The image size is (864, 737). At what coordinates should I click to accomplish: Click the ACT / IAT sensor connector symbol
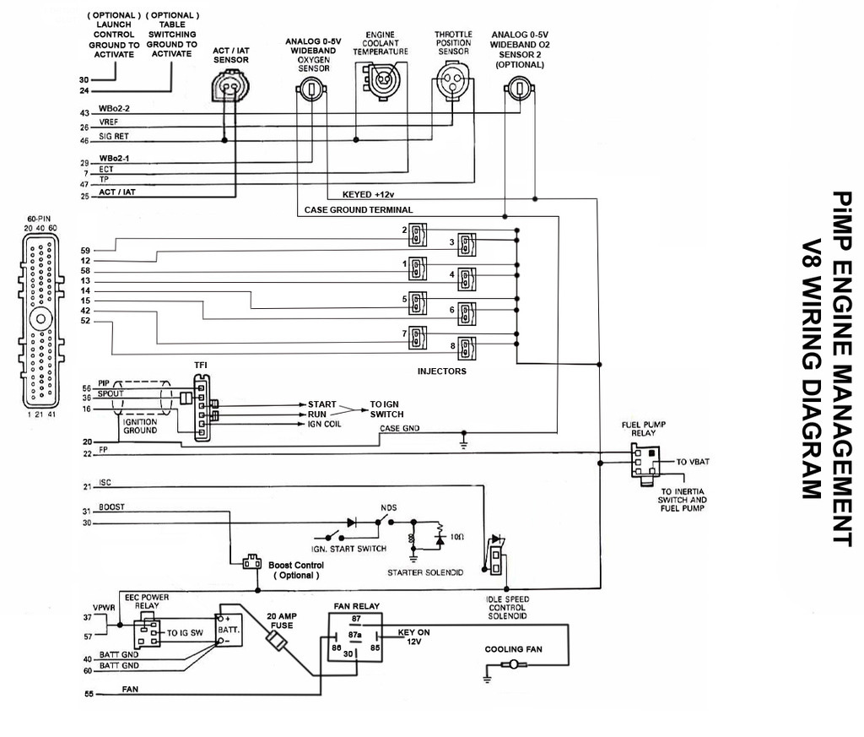click(230, 87)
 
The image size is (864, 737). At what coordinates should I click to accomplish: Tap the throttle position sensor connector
click(453, 80)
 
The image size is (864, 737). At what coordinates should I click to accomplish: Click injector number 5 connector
click(417, 303)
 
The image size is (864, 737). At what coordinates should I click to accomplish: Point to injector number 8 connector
click(467, 349)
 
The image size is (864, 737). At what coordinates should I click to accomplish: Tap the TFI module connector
click(202, 408)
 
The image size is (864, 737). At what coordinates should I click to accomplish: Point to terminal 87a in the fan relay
click(354, 635)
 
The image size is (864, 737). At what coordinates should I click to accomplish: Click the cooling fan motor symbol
click(514, 664)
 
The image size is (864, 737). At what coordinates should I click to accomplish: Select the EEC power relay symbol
click(147, 633)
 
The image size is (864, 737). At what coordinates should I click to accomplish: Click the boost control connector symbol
click(251, 562)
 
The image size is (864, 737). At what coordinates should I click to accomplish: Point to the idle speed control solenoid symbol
click(496, 555)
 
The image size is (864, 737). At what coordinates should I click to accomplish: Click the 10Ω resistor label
click(456, 536)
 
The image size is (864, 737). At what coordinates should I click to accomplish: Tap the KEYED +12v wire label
click(368, 194)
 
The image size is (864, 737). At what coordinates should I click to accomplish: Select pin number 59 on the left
click(85, 251)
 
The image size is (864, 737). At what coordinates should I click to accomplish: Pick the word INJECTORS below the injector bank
click(441, 371)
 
